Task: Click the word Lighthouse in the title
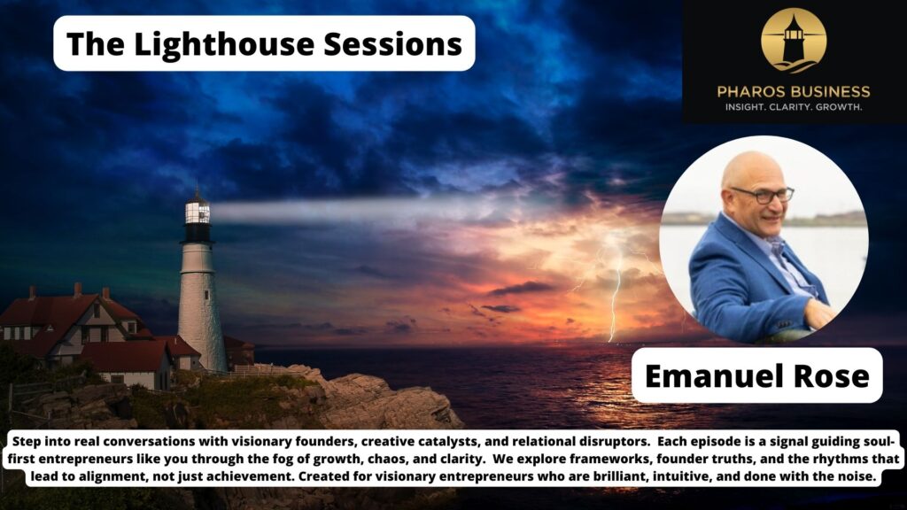pyautogui.click(x=218, y=43)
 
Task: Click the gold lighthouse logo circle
pyautogui.click(x=793, y=40)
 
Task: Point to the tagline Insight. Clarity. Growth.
pyautogui.click(x=794, y=107)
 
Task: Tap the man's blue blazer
pyautogui.click(x=726, y=283)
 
